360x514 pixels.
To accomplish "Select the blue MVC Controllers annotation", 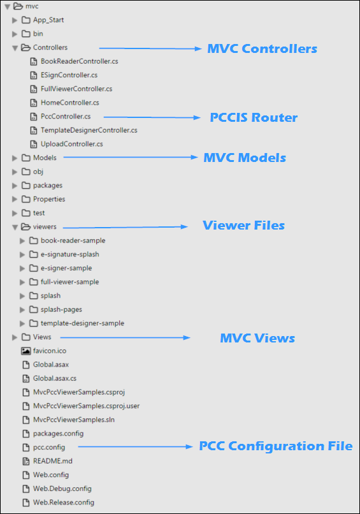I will (x=262, y=48).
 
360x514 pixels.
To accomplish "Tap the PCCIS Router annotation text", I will (x=254, y=117).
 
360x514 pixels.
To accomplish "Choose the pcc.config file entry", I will (x=48, y=447).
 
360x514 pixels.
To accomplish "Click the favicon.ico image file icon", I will (x=26, y=351).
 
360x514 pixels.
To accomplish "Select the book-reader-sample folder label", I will (x=73, y=240).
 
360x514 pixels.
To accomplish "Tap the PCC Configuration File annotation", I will (x=275, y=446).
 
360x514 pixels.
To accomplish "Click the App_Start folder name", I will (x=48, y=20).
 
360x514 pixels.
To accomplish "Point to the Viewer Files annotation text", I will (x=243, y=226).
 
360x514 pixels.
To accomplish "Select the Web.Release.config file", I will (x=64, y=503).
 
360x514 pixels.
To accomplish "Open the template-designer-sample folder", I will (x=82, y=323).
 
